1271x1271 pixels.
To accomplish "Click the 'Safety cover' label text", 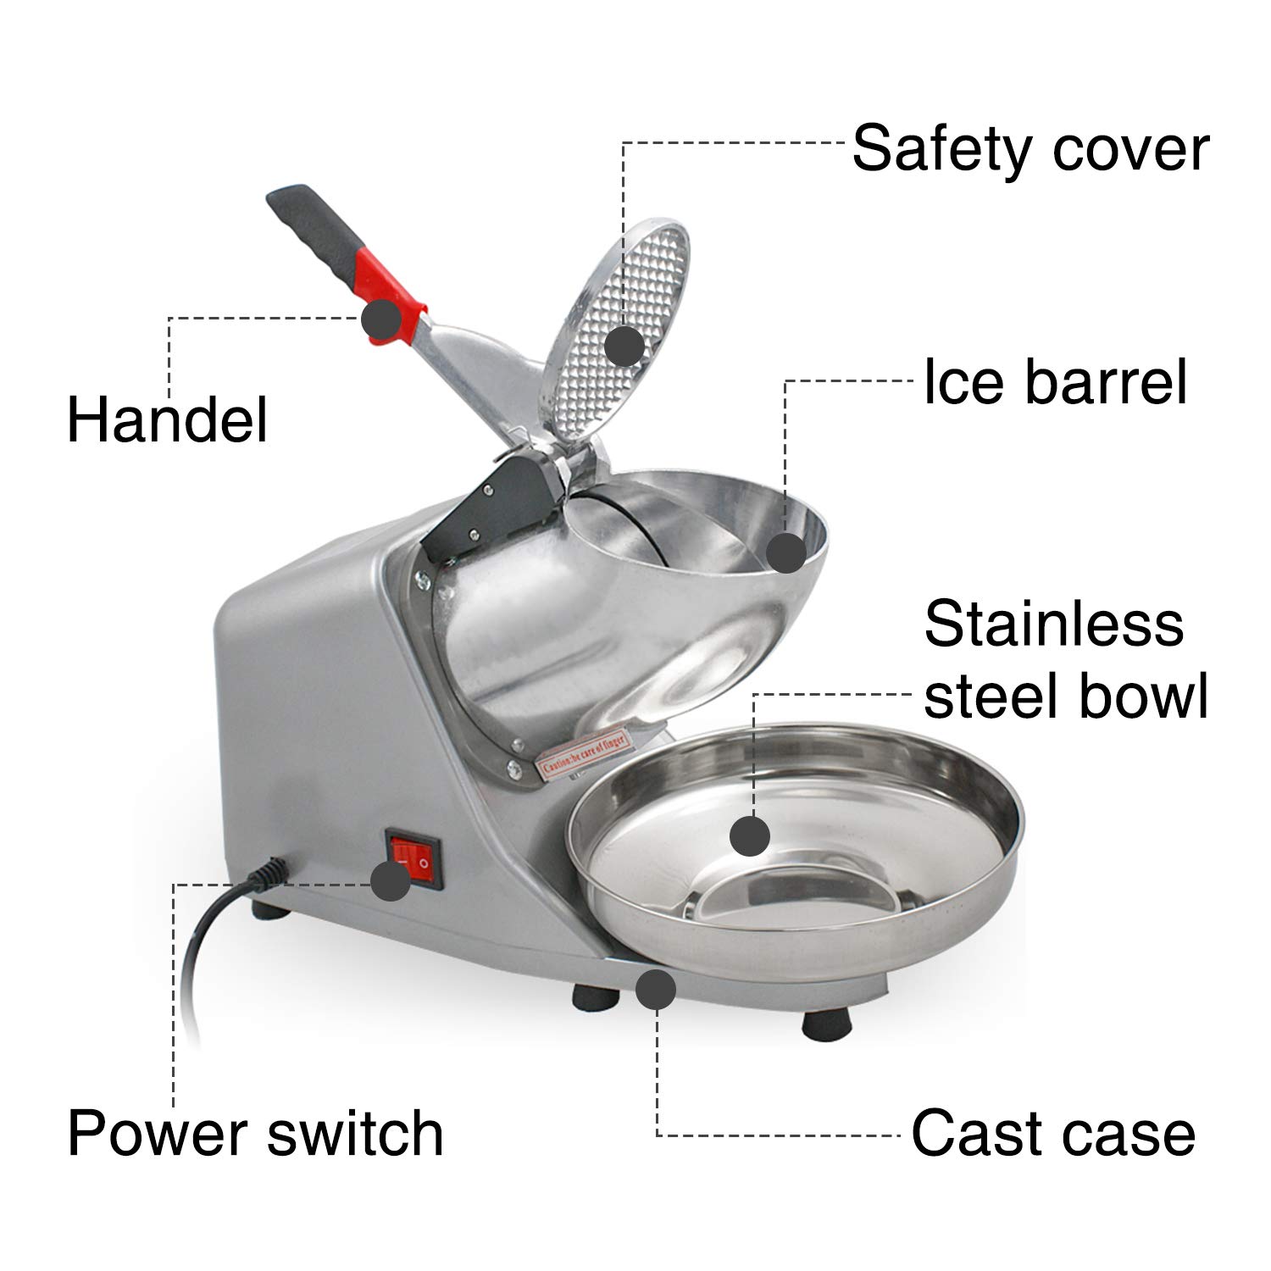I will tap(1030, 149).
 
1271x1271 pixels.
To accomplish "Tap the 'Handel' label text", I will tap(167, 419).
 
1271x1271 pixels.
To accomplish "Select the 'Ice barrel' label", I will tap(1054, 382).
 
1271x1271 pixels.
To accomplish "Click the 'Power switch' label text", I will tap(255, 1133).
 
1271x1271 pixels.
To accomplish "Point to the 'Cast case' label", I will tap(1052, 1133).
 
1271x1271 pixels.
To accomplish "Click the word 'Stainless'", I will tap(1053, 624).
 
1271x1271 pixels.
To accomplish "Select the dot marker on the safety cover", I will tap(625, 346).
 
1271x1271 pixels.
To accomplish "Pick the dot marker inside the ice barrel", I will tap(785, 552).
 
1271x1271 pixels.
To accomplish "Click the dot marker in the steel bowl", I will tap(749, 836).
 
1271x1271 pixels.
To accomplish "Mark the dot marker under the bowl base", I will tap(655, 990).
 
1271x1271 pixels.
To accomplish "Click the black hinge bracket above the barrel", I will tap(496, 500).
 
